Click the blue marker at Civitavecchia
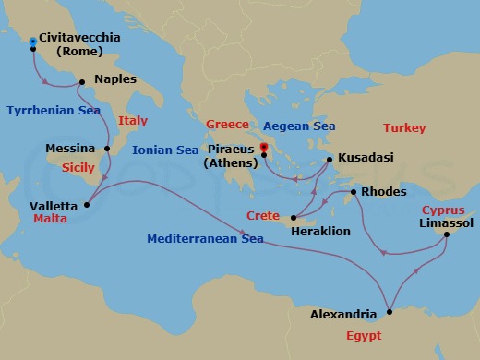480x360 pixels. (x=33, y=42)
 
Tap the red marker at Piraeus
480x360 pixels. (x=264, y=148)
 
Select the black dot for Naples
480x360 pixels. (x=82, y=82)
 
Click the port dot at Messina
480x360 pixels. (x=107, y=148)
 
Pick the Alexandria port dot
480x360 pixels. (x=389, y=310)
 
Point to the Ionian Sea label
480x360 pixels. (x=165, y=150)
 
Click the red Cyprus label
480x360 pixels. (x=442, y=210)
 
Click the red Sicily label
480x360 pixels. (x=78, y=169)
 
